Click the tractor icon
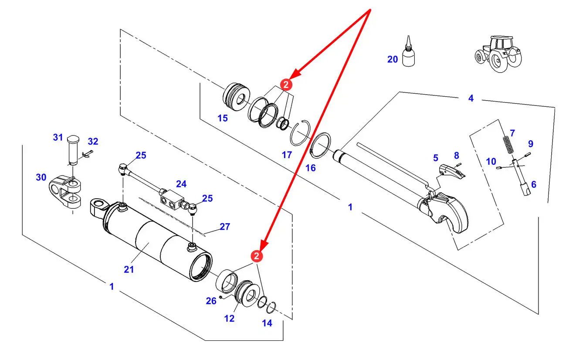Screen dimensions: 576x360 (498, 54)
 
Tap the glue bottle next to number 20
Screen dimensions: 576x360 (408, 51)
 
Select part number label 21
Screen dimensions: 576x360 (129, 269)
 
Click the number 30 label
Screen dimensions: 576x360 (41, 177)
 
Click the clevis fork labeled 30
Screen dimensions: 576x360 (65, 192)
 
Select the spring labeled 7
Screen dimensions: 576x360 (508, 145)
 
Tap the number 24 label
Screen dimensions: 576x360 (181, 184)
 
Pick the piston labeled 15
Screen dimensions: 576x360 (236, 97)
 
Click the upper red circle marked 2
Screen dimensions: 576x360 (286, 85)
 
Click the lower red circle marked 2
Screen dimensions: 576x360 (257, 256)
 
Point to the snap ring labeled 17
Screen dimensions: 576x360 (300, 133)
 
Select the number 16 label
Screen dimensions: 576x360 (310, 168)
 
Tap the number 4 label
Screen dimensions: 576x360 (471, 98)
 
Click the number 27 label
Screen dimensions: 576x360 (225, 227)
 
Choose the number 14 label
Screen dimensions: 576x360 (267, 323)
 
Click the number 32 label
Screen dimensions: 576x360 (93, 141)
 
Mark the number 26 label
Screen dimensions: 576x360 (211, 301)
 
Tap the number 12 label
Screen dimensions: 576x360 (229, 319)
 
